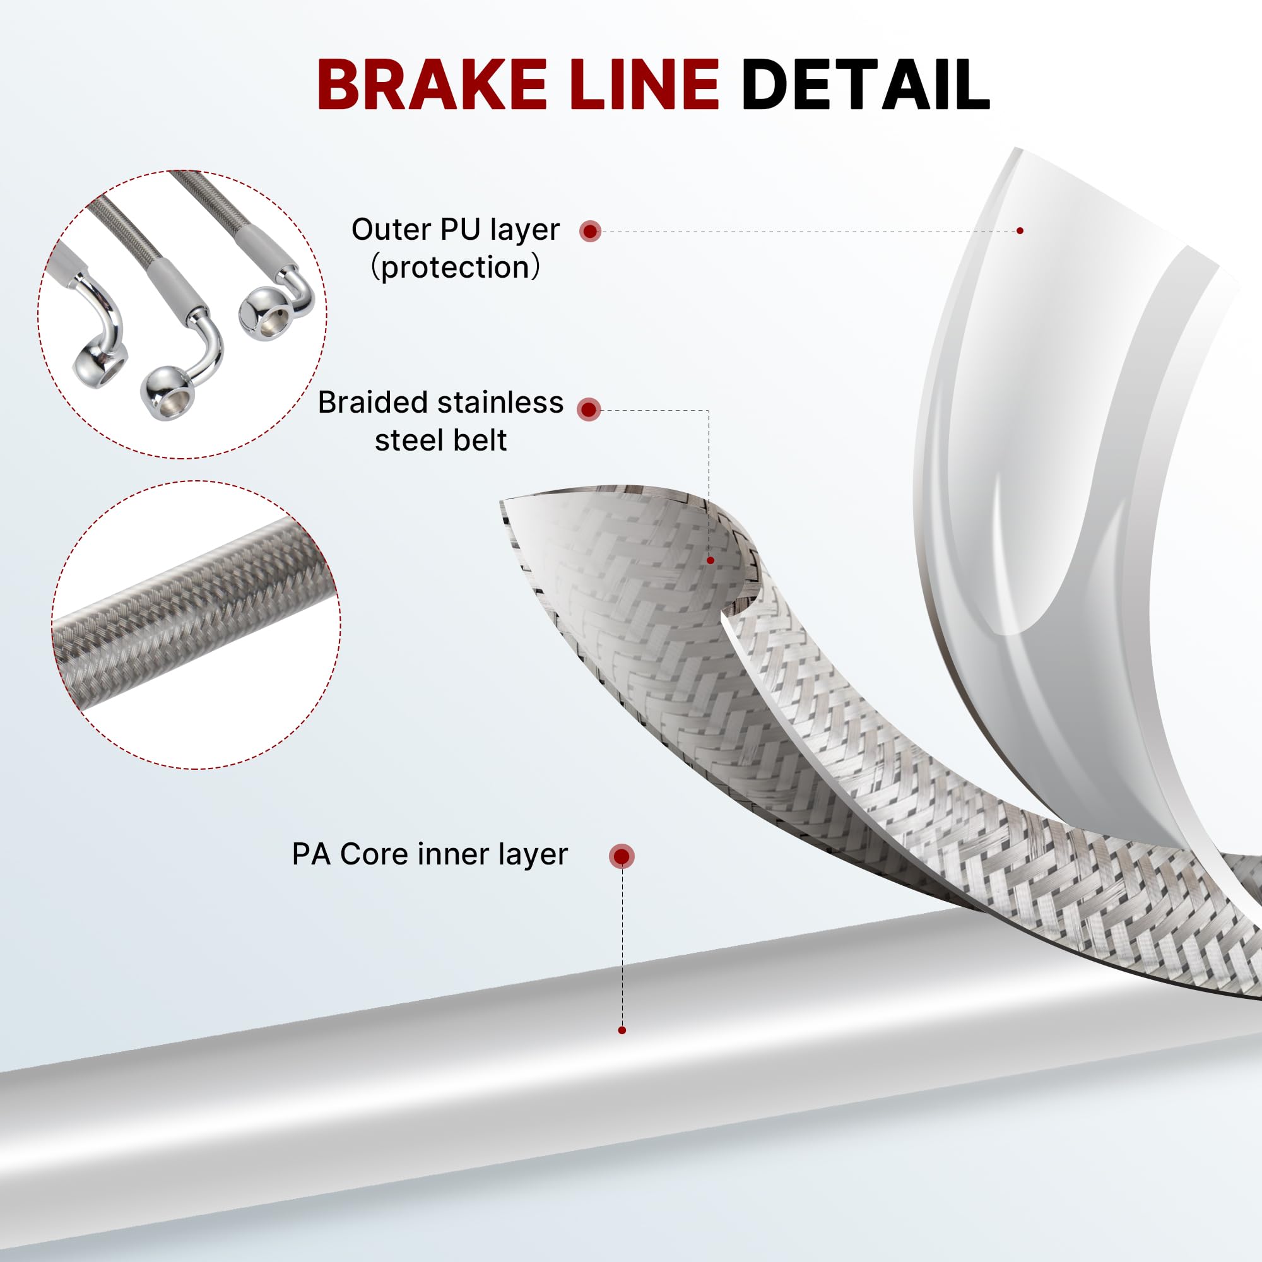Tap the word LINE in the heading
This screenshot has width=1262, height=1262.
click(644, 85)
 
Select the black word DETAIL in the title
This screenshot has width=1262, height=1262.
click(865, 85)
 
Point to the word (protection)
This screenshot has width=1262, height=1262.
click(456, 267)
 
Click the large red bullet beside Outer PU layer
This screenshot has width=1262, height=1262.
click(590, 230)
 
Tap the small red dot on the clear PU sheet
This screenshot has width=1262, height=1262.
click(1020, 230)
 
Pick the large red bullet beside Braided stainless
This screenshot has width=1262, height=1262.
click(589, 410)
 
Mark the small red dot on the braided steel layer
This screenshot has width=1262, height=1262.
click(711, 560)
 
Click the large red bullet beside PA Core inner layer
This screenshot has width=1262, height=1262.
click(621, 856)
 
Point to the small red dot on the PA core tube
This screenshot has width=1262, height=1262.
click(622, 1031)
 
